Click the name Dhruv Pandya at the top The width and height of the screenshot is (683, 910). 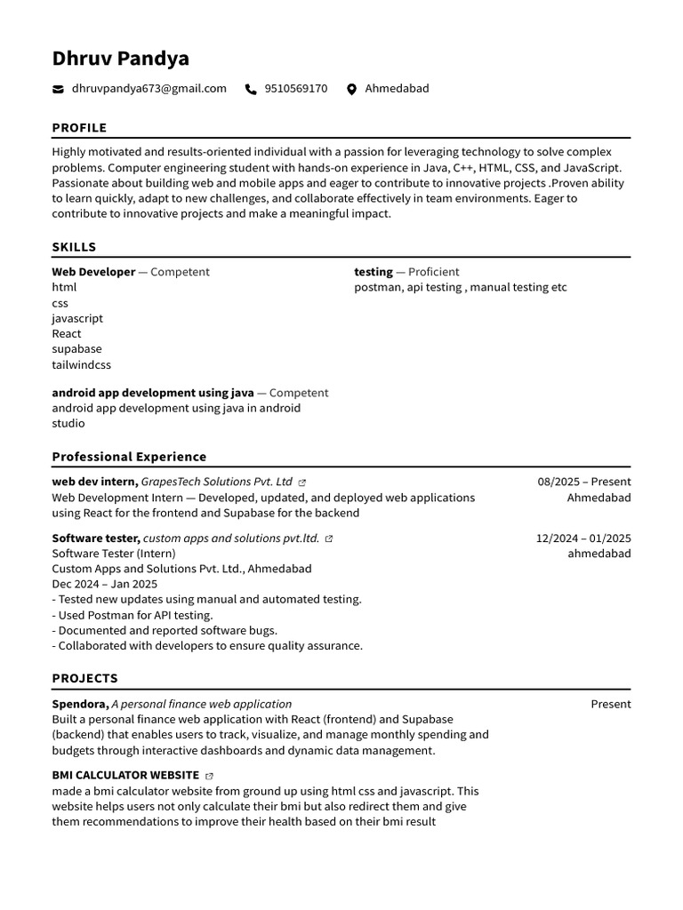[x=120, y=59]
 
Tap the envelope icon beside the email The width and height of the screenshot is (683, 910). [x=58, y=89]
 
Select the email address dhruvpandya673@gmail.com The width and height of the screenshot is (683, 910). [x=149, y=89]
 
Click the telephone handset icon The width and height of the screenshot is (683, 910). [x=251, y=89]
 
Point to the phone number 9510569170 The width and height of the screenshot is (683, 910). [x=295, y=89]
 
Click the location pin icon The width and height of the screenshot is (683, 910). [x=351, y=89]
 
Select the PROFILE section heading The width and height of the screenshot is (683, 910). [x=79, y=128]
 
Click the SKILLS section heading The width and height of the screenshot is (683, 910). [x=74, y=247]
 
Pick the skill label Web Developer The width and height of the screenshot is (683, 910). [x=93, y=272]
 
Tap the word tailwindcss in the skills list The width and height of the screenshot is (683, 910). [x=81, y=365]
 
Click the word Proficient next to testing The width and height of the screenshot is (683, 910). [x=434, y=272]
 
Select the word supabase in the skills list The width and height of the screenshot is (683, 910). [x=76, y=349]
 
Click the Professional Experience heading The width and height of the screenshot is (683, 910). [x=129, y=457]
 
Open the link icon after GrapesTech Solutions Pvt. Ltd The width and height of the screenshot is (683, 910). [x=302, y=483]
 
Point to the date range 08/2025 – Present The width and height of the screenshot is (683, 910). [x=583, y=482]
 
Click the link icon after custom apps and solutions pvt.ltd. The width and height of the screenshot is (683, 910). [x=329, y=539]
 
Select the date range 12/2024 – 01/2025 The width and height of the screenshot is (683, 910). [x=583, y=538]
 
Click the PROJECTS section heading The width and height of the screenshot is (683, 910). [x=84, y=678]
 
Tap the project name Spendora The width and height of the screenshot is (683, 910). [x=79, y=704]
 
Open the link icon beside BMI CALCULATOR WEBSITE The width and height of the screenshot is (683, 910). [x=209, y=776]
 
